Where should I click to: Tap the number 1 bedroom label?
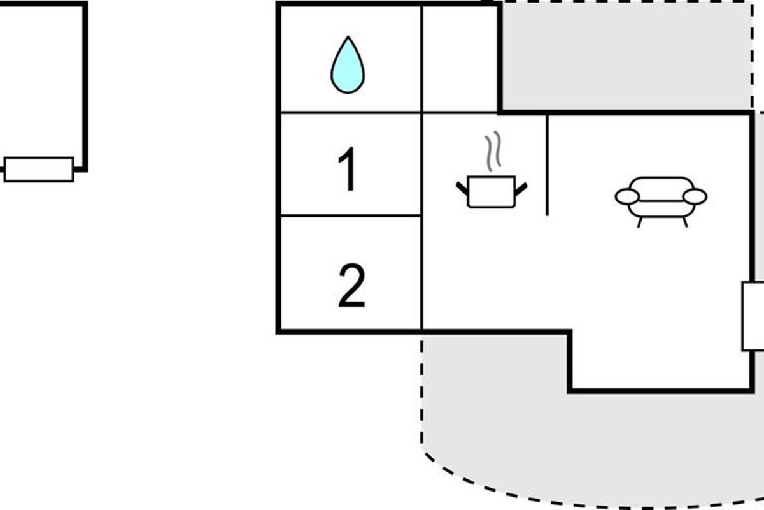click(348, 170)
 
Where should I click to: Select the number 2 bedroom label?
click(351, 286)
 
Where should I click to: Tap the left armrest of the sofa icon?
click(627, 197)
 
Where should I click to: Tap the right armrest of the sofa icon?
click(695, 197)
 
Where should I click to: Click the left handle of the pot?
click(462, 187)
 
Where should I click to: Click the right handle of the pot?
click(521, 188)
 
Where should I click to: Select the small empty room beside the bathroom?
click(460, 59)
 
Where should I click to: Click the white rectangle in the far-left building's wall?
click(39, 170)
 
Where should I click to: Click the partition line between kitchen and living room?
click(548, 166)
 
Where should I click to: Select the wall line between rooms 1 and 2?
click(350, 215)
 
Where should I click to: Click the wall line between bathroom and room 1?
click(350, 112)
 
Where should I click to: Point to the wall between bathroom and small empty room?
click(421, 59)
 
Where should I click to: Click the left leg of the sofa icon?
click(639, 222)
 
